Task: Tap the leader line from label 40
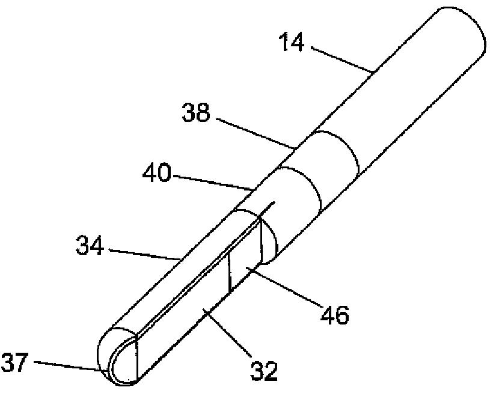210,181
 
